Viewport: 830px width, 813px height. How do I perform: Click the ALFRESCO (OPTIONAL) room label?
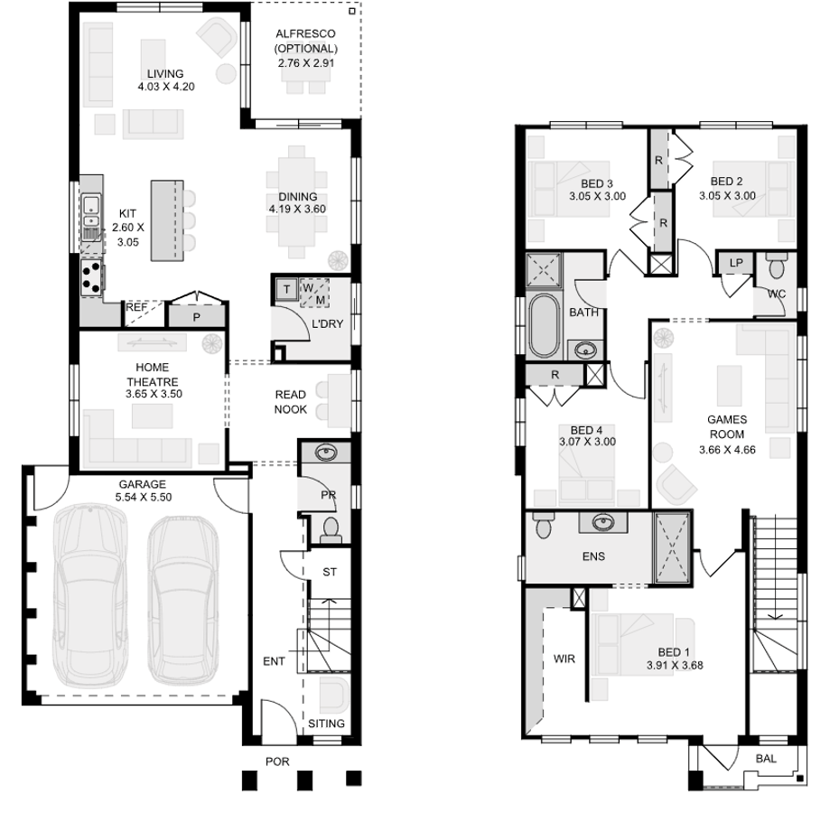click(305, 41)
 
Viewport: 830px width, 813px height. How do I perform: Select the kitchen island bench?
click(167, 220)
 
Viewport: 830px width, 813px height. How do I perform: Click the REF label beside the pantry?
click(136, 307)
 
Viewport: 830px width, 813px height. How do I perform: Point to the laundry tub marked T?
click(286, 289)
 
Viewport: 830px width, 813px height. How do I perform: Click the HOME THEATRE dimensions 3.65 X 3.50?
click(154, 394)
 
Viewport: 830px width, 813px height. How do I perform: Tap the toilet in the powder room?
click(331, 530)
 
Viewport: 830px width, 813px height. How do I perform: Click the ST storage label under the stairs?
click(330, 572)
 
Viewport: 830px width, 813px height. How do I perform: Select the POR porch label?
click(277, 762)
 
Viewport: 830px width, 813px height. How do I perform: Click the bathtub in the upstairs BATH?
click(544, 325)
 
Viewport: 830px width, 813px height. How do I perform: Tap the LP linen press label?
click(736, 263)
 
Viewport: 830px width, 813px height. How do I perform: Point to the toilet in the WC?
click(777, 266)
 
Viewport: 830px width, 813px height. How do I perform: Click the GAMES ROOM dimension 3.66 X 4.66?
click(727, 450)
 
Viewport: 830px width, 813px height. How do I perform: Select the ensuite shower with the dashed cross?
click(672, 547)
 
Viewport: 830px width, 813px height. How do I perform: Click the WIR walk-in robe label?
click(564, 659)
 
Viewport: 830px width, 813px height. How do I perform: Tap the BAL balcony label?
click(766, 759)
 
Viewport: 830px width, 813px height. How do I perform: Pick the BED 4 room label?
click(586, 430)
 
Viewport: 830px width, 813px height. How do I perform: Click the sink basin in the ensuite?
click(602, 522)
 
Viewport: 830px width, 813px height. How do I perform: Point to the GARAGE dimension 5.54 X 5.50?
click(144, 497)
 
